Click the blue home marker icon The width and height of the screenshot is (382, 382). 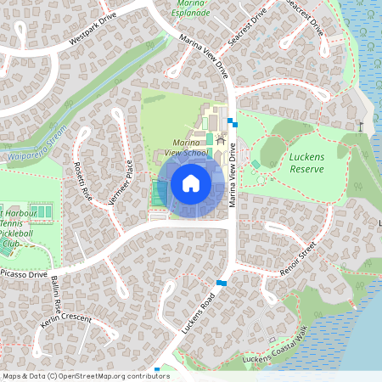pos(190,183)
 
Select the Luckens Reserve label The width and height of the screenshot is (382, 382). pos(306,163)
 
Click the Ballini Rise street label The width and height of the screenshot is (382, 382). pos(57,292)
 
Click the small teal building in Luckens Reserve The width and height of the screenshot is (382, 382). pos(256,164)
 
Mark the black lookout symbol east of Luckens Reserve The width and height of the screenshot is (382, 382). pos(362,126)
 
